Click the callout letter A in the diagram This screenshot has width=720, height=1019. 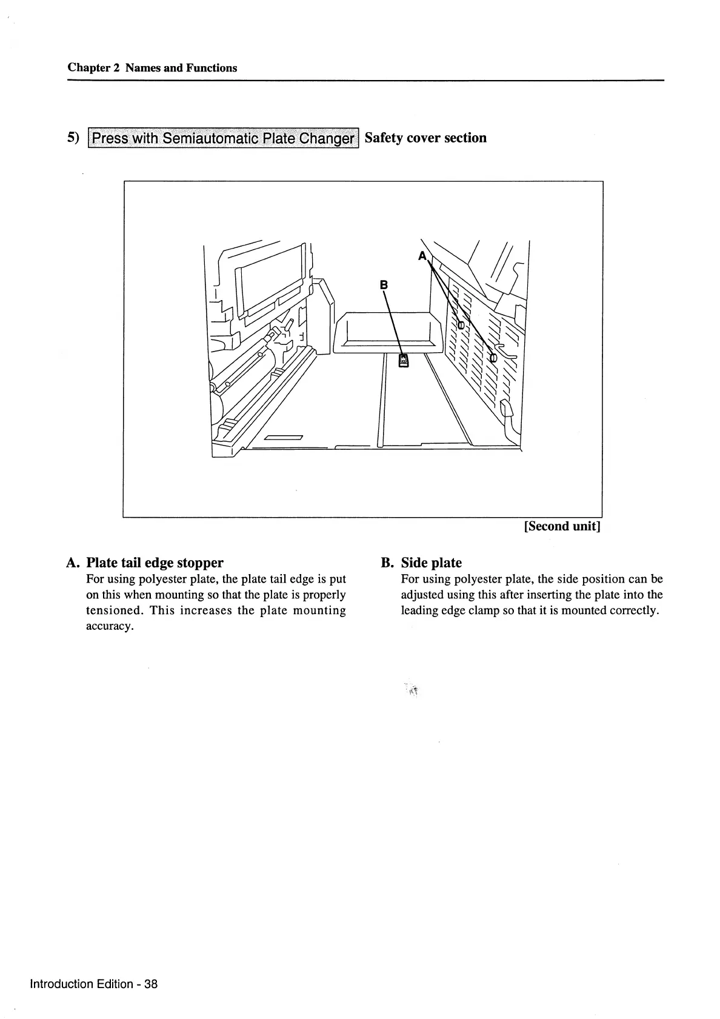(x=422, y=256)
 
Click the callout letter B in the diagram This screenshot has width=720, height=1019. (x=383, y=284)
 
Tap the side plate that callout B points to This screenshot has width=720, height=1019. (x=403, y=361)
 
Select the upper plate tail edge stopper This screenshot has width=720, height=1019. (x=461, y=326)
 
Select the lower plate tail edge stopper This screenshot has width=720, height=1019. (x=493, y=358)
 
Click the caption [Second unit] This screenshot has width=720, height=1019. (x=562, y=526)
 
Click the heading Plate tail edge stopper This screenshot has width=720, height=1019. (x=155, y=563)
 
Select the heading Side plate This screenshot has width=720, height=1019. (x=431, y=563)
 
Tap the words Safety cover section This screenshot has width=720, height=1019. (x=425, y=138)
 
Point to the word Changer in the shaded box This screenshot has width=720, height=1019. (x=329, y=138)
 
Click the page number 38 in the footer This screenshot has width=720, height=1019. (x=151, y=984)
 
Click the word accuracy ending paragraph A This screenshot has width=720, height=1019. (x=109, y=626)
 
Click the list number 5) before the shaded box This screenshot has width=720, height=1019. (x=73, y=138)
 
